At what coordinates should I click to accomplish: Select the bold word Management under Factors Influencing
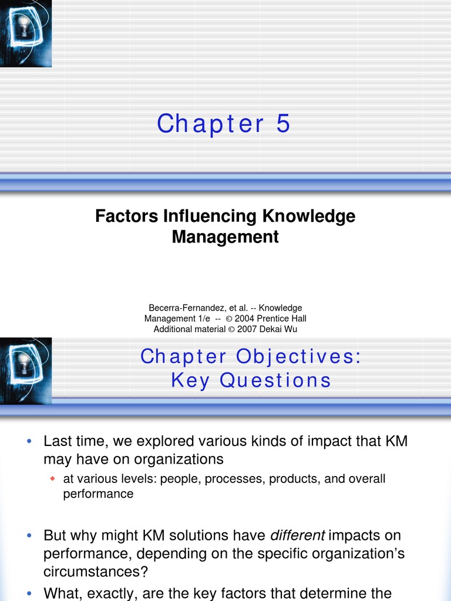pos(225,237)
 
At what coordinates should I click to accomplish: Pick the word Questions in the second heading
pos(275,380)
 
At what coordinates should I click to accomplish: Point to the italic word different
pos(297,535)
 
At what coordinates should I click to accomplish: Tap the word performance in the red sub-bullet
pos(98,494)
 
